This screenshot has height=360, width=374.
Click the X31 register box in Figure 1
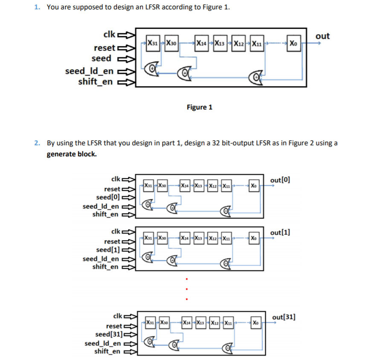point(152,43)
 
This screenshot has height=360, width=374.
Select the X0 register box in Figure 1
point(293,43)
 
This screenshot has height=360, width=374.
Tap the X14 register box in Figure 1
point(200,43)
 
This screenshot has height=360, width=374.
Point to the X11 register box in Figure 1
point(256,43)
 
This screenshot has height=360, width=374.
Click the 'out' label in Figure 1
point(322,36)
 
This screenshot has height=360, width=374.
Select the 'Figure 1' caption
point(199,107)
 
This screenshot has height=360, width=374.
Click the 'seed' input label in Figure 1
point(101,58)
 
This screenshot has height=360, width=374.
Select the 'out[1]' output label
point(280,233)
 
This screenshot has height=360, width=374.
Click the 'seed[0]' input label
point(107,197)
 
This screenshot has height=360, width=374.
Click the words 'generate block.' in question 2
point(71,154)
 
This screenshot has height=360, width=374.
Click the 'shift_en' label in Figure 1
point(96,81)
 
